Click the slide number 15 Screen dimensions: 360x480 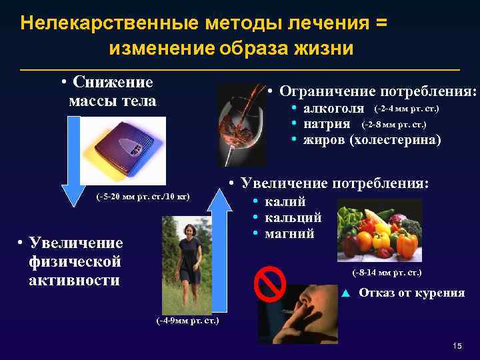point(457,345)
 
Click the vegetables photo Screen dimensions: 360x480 point(379,229)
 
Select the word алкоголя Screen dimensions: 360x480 point(333,109)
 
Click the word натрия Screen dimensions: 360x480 point(327,124)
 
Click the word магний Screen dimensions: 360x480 point(289,234)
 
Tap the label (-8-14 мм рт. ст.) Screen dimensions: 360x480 point(387,273)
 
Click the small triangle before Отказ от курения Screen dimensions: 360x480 point(345,293)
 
